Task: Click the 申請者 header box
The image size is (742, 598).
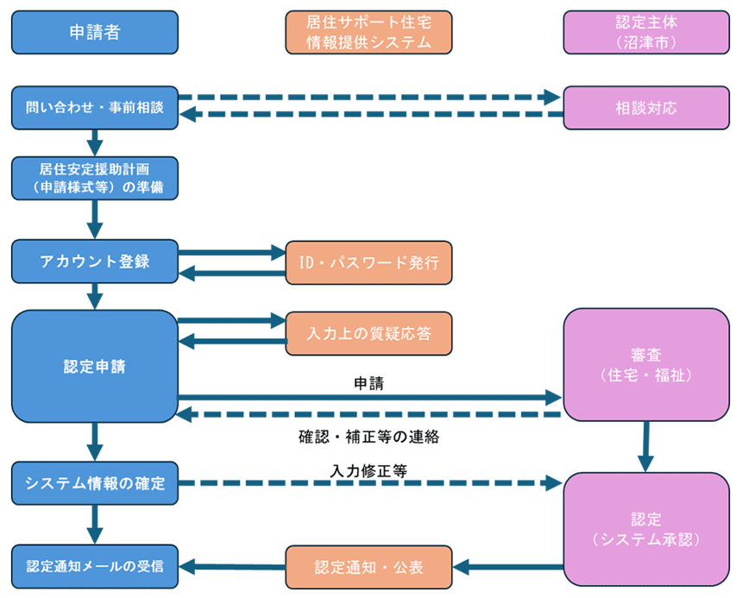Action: click(95, 33)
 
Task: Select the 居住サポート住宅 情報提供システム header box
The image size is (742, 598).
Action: click(368, 33)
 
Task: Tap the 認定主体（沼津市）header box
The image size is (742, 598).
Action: click(645, 33)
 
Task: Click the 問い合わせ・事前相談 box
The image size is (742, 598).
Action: click(95, 108)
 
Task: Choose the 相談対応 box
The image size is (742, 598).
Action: click(645, 108)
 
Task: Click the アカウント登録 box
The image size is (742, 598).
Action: click(95, 261)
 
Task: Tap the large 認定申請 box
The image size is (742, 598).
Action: click(95, 366)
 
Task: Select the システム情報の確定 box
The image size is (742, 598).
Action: click(95, 482)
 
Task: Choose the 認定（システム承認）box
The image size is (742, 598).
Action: click(645, 529)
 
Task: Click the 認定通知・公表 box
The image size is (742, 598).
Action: click(368, 567)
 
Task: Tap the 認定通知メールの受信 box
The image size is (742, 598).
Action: click(95, 567)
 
